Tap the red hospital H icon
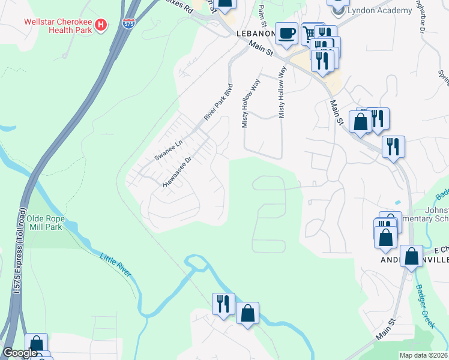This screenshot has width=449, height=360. click(x=101, y=26)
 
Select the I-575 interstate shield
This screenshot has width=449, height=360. click(x=128, y=23)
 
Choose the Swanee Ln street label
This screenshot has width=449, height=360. click(x=168, y=149)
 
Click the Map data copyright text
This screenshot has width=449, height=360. click(x=424, y=355)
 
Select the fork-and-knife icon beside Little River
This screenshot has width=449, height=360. click(x=223, y=303)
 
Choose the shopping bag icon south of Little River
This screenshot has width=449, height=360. click(x=247, y=313)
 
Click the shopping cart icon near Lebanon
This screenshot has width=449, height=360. click(x=310, y=35)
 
